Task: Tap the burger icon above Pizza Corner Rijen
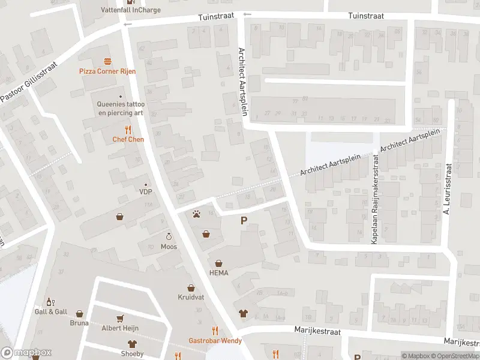[108, 61]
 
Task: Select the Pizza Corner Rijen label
[108, 71]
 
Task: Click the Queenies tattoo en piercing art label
[121, 108]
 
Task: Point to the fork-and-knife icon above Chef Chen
[128, 130]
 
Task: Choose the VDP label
[145, 192]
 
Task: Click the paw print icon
[196, 213]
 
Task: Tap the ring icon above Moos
[169, 236]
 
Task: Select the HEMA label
[219, 272]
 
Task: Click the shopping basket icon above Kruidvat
[191, 288]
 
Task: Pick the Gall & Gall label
[50, 311]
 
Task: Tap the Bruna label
[79, 323]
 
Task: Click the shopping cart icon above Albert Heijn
[119, 319]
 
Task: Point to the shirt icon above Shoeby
[132, 344]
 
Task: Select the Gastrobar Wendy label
[215, 341]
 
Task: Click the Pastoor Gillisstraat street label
[29, 82]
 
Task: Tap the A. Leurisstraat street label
[446, 188]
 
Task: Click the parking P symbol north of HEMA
[244, 221]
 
